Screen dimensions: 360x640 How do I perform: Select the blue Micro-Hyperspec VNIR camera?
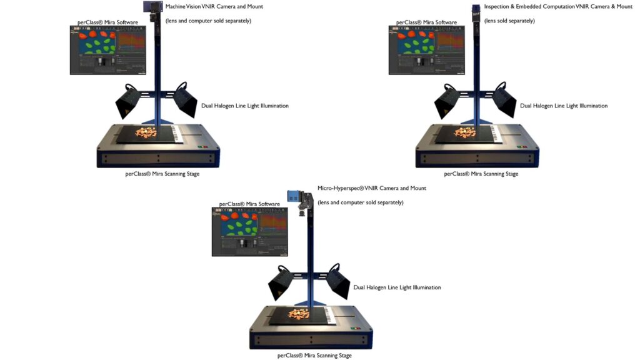click(x=294, y=196)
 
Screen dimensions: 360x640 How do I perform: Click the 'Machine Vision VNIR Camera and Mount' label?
click(x=214, y=6)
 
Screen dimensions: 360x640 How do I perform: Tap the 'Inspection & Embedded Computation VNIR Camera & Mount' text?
click(x=558, y=6)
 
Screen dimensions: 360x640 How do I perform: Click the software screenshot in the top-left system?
click(x=107, y=51)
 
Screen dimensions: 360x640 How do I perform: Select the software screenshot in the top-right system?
click(x=426, y=51)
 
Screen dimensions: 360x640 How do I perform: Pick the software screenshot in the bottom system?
click(x=249, y=232)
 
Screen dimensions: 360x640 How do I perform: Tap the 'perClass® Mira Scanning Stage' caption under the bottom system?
click(x=314, y=355)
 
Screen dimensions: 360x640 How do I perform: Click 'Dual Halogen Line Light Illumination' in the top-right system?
click(x=564, y=106)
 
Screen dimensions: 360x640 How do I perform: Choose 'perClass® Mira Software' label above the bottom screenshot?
click(x=249, y=204)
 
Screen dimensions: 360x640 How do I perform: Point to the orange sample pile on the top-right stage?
click(x=466, y=132)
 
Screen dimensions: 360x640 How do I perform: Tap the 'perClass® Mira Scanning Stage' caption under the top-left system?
click(x=162, y=174)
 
